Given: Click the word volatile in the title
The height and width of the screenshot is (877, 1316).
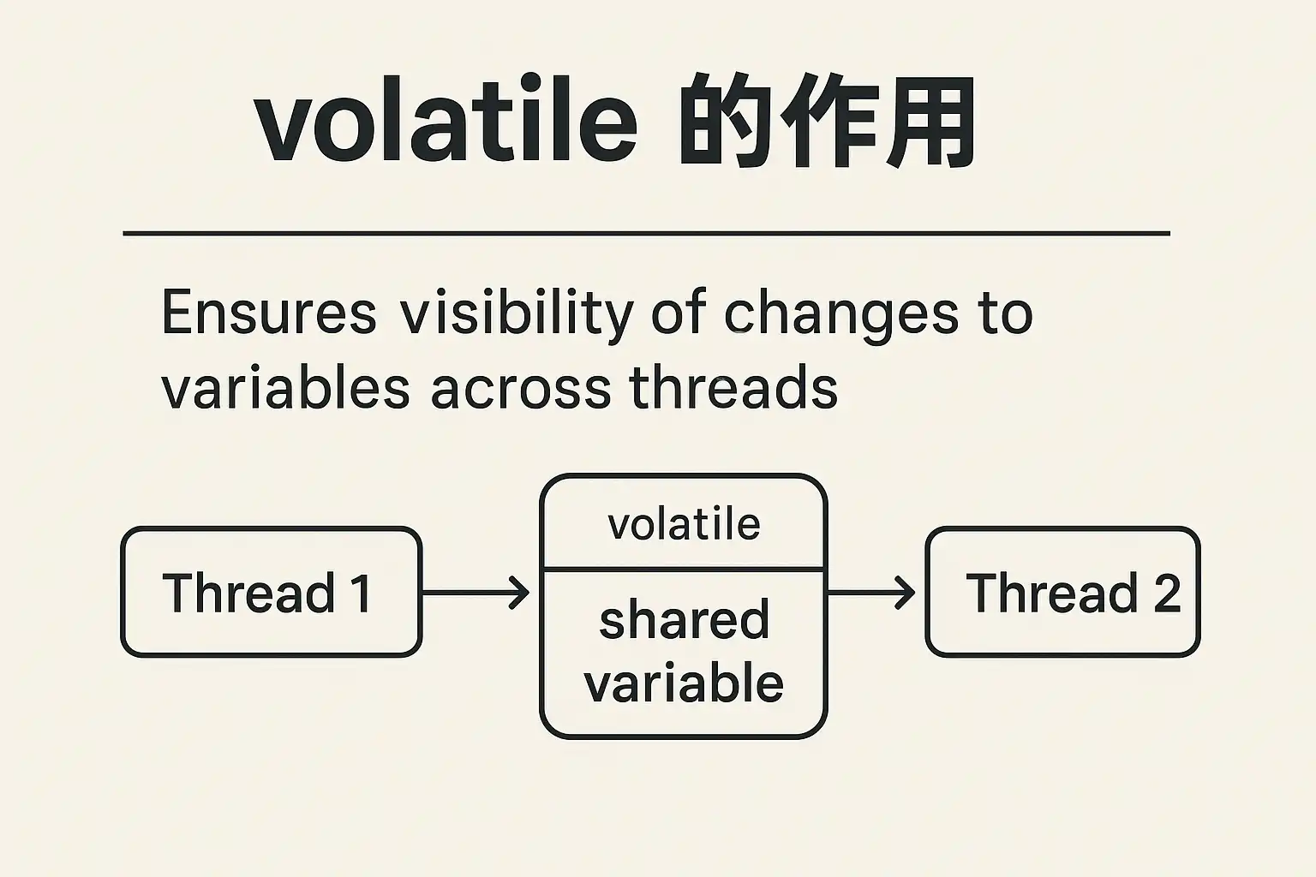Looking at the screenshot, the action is (446, 118).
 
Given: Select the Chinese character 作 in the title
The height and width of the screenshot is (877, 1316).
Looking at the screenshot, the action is (828, 120).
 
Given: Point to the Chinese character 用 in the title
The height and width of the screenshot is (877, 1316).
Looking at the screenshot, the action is (930, 121).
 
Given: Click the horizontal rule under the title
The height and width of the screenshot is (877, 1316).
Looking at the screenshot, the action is (646, 233).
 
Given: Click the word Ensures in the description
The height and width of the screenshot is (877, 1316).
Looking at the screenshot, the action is (268, 312).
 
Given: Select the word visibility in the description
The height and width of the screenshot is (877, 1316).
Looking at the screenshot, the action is (517, 315).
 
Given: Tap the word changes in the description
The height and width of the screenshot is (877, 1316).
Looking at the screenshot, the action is (840, 315).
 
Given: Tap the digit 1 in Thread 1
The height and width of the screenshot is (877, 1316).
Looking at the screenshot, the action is (360, 593).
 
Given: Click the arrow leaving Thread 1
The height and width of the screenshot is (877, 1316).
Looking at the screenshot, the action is (476, 593).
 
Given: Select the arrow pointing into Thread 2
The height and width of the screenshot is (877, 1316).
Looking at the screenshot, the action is (871, 593).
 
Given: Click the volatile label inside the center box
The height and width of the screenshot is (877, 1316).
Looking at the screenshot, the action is (684, 524).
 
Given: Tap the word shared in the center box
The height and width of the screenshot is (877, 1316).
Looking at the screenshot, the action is (684, 619).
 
